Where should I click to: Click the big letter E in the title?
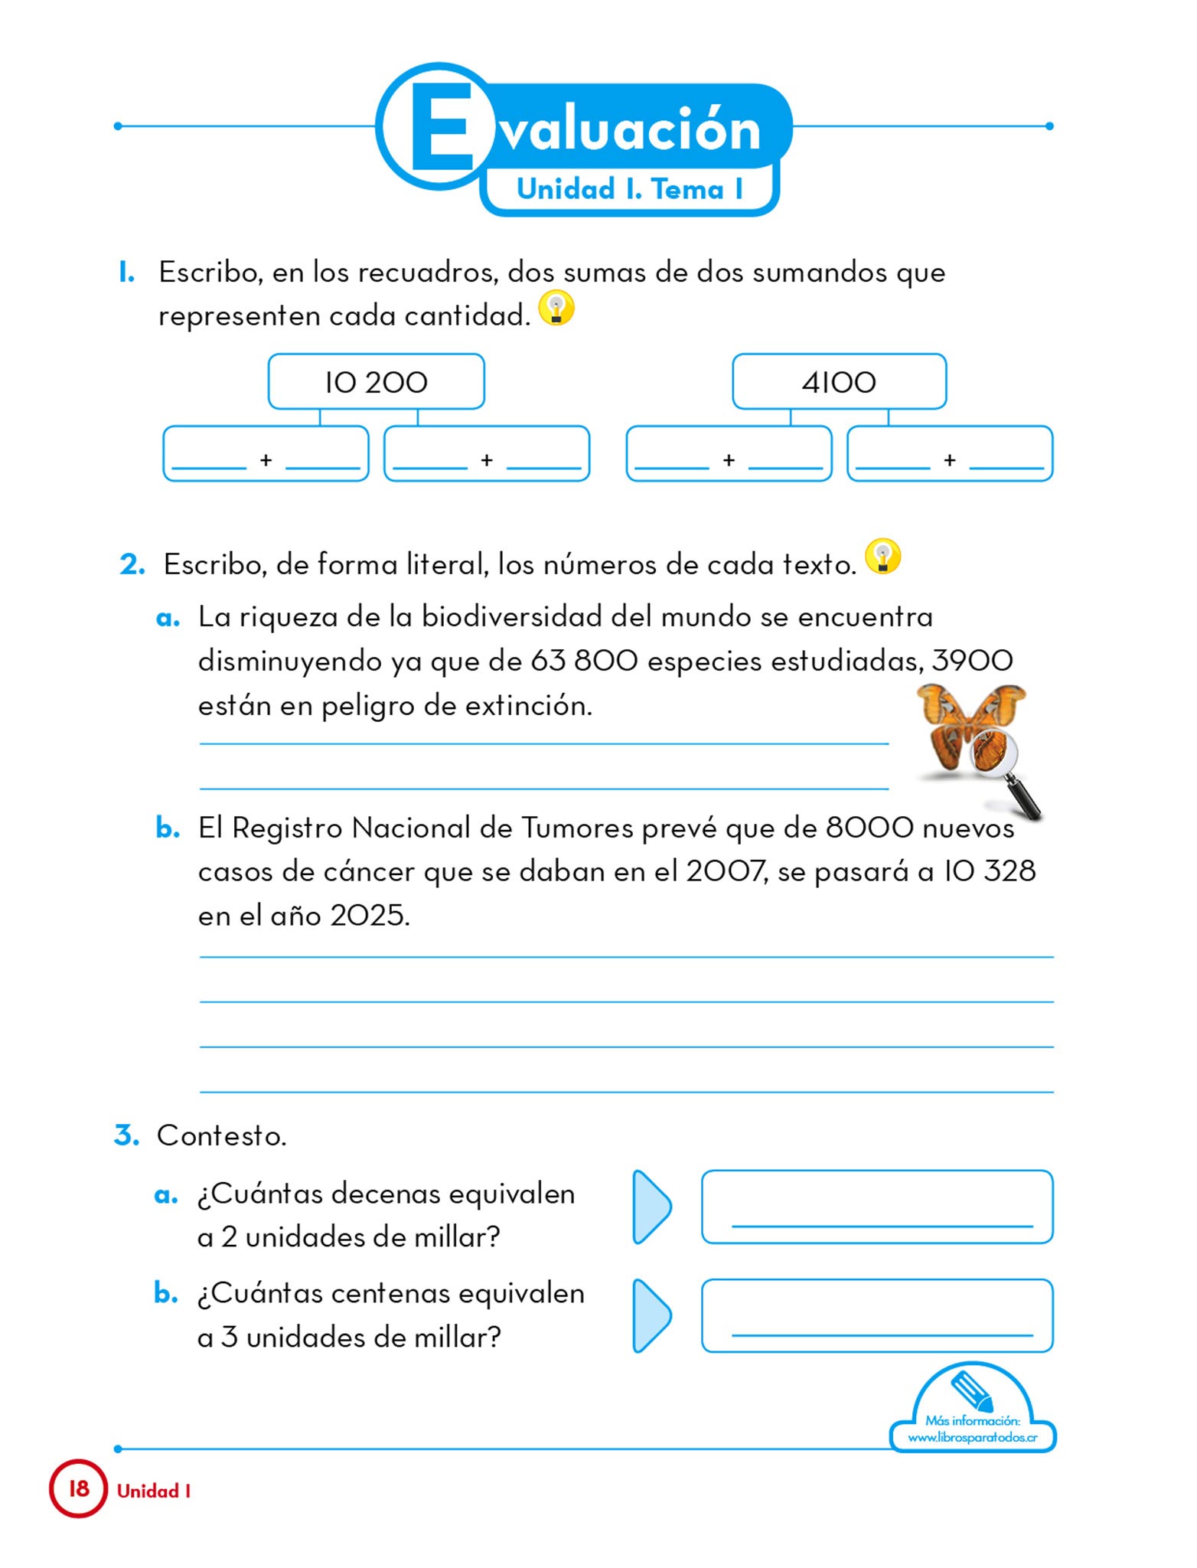click(442, 127)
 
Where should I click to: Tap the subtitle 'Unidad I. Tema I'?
click(629, 189)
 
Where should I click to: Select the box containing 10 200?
click(376, 381)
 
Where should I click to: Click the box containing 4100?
click(839, 381)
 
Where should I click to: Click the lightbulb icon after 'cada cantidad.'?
click(556, 308)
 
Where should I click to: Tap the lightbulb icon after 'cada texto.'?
click(882, 557)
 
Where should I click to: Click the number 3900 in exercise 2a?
click(972, 660)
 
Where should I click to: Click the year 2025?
click(369, 916)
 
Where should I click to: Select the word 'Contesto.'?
click(221, 1135)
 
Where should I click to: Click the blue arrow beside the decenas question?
click(651, 1207)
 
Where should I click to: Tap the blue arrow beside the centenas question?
click(651, 1315)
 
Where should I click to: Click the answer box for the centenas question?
click(877, 1315)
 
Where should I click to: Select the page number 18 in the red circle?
click(79, 1488)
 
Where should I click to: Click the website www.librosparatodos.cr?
click(972, 1438)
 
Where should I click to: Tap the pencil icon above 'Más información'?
click(972, 1389)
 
